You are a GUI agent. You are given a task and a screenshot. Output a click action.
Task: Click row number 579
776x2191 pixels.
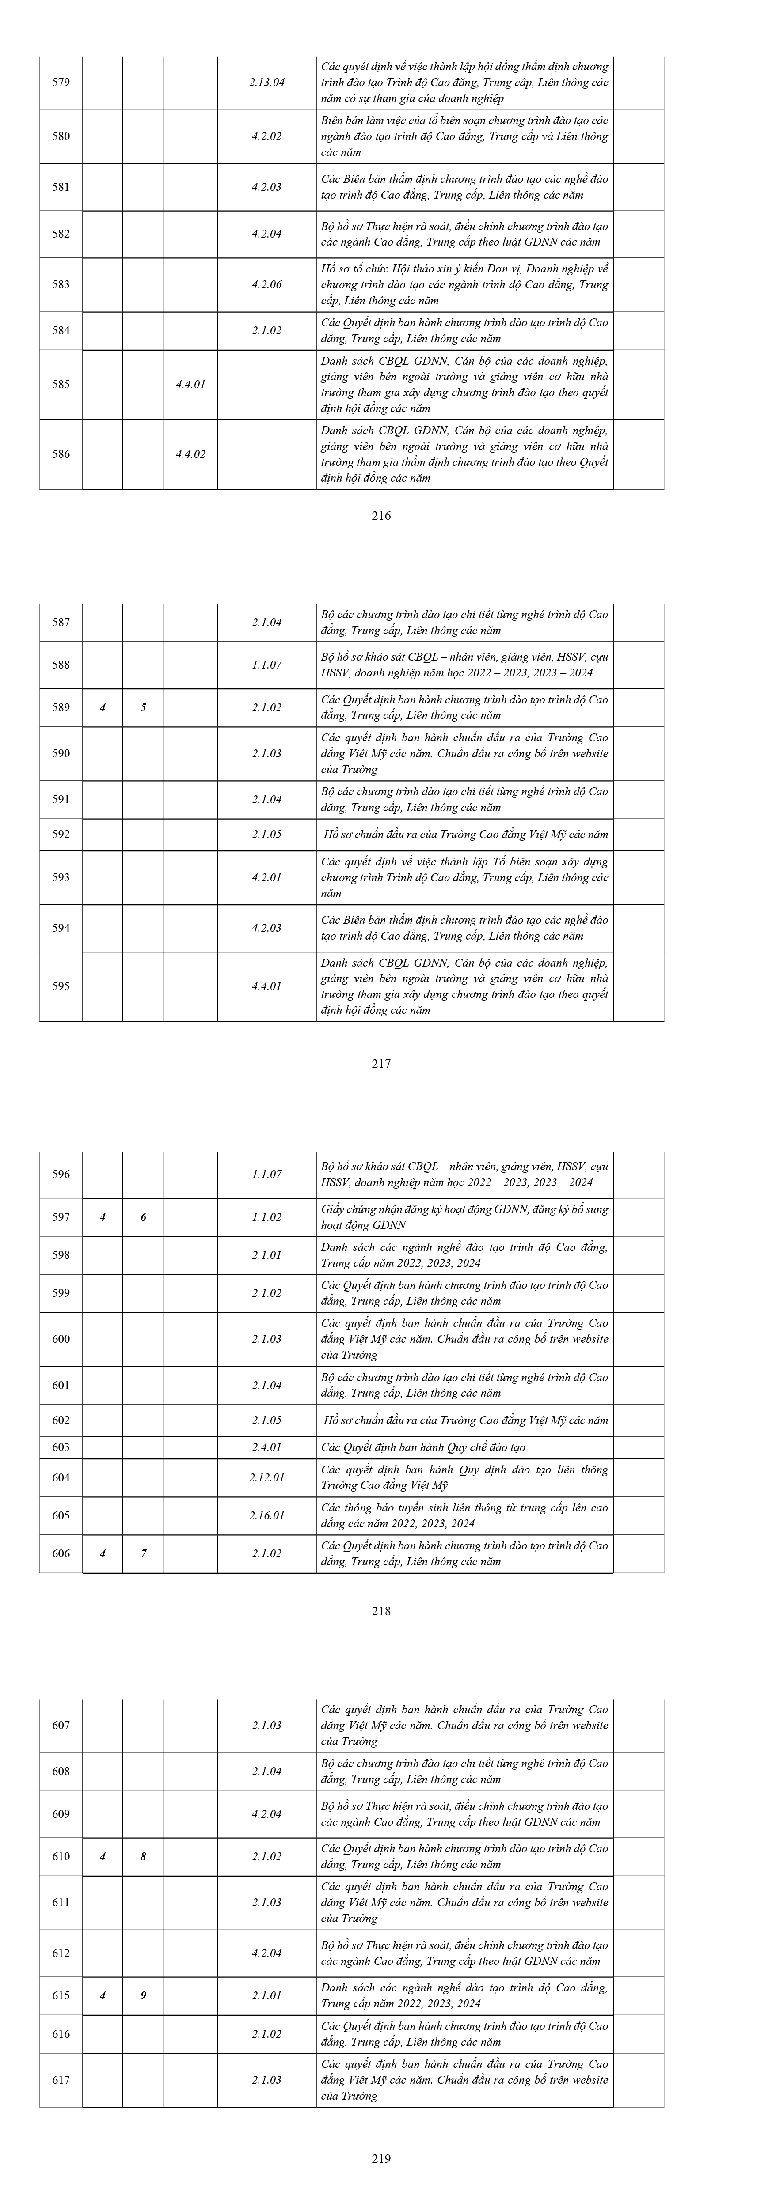click(61, 83)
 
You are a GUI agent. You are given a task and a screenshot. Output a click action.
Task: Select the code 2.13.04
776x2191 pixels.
click(266, 83)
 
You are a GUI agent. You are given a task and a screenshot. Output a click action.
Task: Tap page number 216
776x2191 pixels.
click(381, 515)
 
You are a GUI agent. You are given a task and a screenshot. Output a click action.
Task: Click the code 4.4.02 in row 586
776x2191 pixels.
click(190, 454)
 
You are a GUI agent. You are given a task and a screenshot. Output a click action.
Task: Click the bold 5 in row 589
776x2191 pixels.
click(143, 708)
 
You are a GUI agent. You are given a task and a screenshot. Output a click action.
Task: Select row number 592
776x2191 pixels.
click(61, 835)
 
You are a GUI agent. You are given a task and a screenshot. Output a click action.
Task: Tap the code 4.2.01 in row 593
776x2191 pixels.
click(266, 877)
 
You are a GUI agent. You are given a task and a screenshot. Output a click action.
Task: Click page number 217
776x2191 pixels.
click(381, 1063)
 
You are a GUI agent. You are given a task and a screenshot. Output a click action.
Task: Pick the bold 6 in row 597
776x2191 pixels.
click(143, 1217)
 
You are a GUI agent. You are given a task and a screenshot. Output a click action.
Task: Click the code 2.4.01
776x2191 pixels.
click(266, 1447)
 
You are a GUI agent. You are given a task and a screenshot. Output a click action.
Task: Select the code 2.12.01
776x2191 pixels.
click(266, 1477)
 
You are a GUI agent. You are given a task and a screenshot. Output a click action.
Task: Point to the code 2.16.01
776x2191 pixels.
click(266, 1515)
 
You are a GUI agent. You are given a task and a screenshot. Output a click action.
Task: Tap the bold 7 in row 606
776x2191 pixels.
click(143, 1553)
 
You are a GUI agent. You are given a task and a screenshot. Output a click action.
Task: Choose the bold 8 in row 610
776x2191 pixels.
click(143, 1856)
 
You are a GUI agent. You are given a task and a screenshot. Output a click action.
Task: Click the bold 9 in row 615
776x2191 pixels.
click(143, 1995)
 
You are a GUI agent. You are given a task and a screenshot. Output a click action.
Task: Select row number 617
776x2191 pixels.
click(61, 2080)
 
